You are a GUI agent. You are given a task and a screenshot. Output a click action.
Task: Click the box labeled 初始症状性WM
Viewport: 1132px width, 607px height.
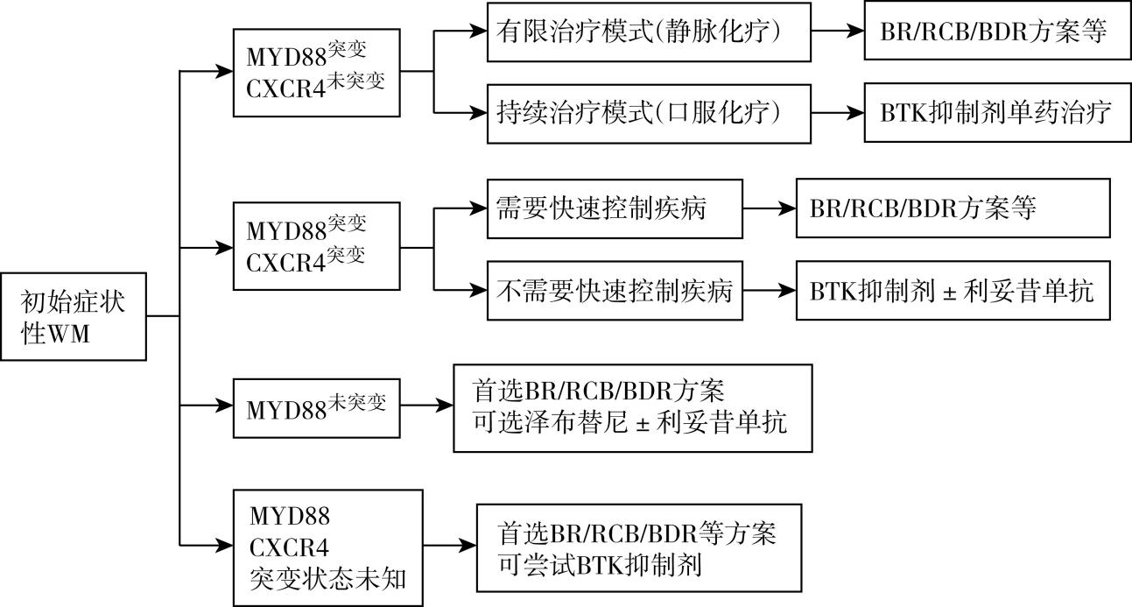[74, 316]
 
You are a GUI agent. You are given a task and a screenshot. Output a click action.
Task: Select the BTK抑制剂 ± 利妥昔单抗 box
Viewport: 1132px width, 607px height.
[953, 290]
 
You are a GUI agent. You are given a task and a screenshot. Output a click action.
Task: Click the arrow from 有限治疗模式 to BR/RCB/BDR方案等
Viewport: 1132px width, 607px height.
[836, 31]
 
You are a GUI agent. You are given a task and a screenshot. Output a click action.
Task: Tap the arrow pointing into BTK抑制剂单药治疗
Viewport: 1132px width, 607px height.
[836, 112]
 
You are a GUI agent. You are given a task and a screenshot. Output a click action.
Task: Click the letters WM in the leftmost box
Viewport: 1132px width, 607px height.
[70, 334]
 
